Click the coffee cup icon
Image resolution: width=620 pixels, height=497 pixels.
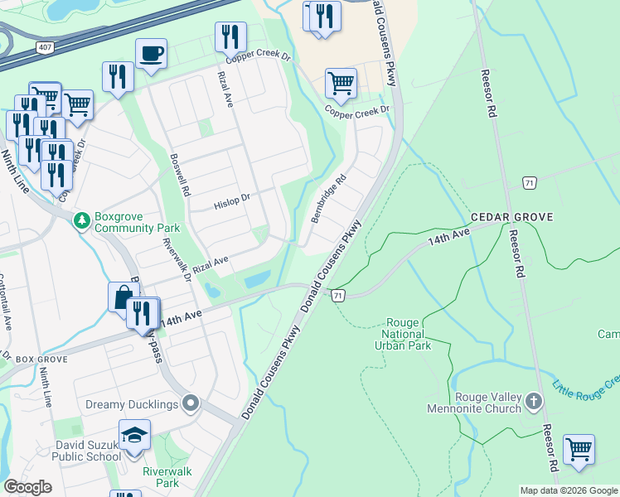151,54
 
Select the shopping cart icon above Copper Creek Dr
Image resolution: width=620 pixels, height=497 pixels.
341,83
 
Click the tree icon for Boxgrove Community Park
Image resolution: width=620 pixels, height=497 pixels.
81,220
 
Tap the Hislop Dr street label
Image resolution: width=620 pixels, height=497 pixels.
231,200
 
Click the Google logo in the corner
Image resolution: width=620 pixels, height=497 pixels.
29,487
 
